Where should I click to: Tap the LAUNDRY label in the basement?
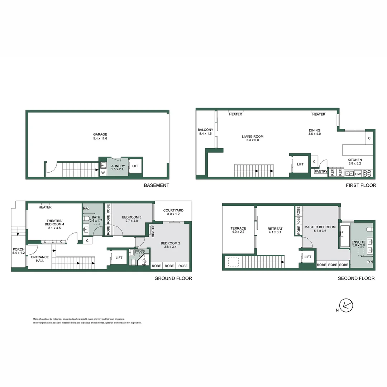click(x=117, y=166)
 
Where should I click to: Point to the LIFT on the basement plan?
click(x=135, y=166)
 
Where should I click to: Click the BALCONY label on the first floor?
click(x=205, y=130)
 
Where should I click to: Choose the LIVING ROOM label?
click(x=253, y=137)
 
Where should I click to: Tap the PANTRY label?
click(x=321, y=172)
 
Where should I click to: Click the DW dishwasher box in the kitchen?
click(x=358, y=173)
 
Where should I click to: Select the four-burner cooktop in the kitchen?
click(x=368, y=173)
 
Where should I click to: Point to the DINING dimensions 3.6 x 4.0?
click(x=314, y=134)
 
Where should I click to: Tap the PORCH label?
click(x=18, y=250)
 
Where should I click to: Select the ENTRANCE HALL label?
click(x=40, y=259)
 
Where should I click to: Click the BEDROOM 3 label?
click(x=132, y=217)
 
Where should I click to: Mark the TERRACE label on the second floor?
click(x=238, y=228)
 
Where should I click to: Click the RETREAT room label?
click(x=275, y=229)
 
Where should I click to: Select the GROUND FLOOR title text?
click(x=173, y=278)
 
